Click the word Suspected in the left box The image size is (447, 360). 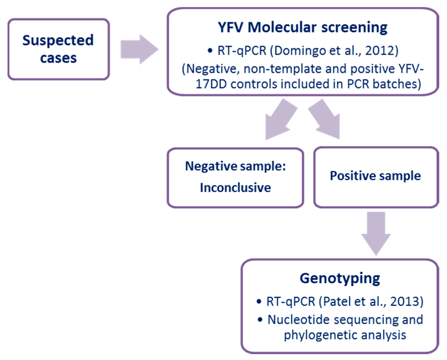(58, 40)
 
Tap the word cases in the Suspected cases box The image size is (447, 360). (58, 58)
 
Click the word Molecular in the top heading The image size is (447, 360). (282, 27)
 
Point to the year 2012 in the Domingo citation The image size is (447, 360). (379, 51)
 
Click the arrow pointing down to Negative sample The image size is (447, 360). (279, 120)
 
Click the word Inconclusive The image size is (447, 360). (235, 188)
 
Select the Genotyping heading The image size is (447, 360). (340, 278)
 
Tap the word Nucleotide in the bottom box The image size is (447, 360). (298, 320)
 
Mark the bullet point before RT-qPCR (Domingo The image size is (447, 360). (210, 51)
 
